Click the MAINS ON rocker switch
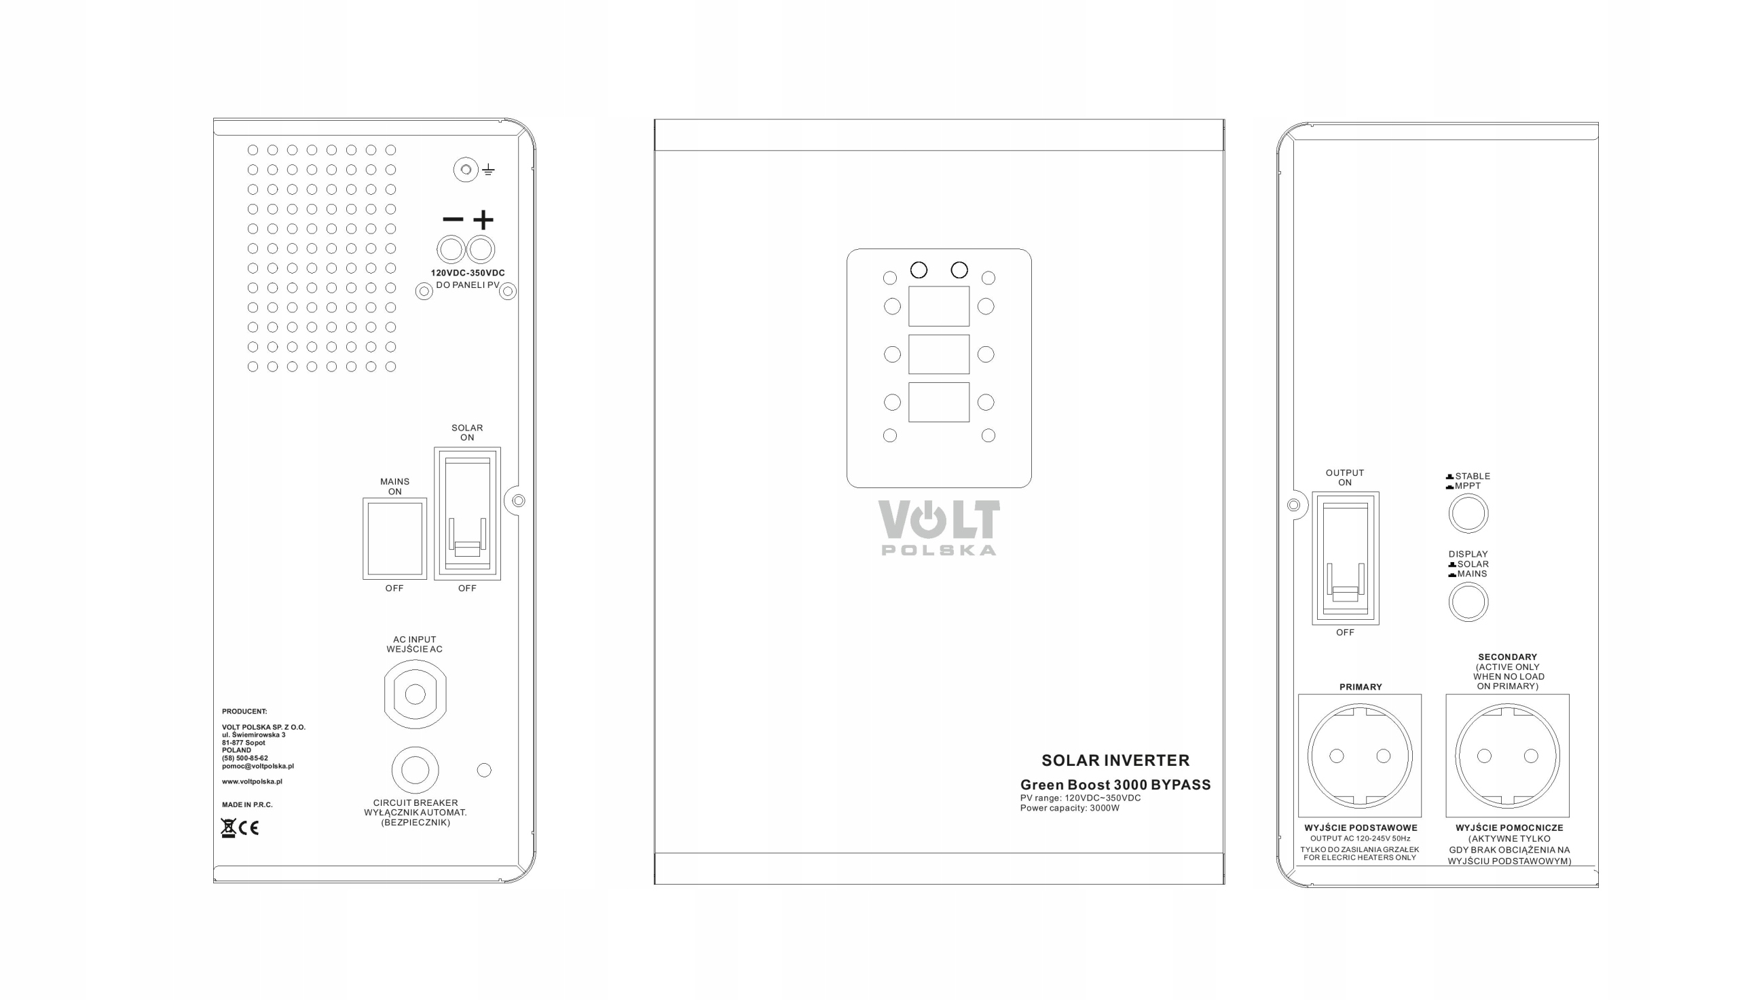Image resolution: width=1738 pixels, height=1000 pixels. tap(394, 538)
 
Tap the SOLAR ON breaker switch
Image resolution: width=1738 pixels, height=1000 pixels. tap(467, 514)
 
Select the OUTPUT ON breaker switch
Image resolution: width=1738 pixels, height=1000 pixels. tap(1344, 557)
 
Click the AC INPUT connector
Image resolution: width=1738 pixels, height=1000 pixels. tap(415, 695)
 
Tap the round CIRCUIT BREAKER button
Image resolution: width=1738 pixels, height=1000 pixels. tap(415, 770)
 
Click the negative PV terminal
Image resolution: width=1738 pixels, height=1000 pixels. tap(451, 249)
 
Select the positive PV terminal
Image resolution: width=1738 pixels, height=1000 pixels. tap(481, 249)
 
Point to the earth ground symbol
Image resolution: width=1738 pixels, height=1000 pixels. tap(488, 170)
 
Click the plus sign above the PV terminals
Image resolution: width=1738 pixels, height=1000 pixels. tap(483, 220)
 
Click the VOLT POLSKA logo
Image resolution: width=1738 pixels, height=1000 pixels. tap(939, 527)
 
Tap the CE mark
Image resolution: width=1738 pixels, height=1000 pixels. tap(248, 828)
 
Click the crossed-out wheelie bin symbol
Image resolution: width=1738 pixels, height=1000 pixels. tap(228, 828)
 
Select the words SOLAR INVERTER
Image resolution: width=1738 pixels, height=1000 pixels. tap(1115, 760)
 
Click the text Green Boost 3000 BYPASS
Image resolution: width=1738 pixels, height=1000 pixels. tap(1115, 784)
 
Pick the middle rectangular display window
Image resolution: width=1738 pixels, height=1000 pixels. tap(939, 354)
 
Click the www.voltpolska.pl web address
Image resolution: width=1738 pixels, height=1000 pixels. tap(252, 781)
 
